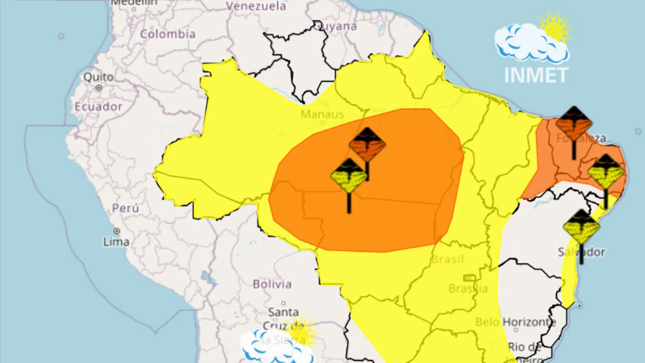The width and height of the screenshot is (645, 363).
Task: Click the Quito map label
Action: click(x=98, y=77)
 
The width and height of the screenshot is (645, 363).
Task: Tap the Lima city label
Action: click(x=116, y=242)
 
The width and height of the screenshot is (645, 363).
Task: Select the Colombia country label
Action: click(x=168, y=34)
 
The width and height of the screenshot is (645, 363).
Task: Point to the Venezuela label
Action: click(x=256, y=6)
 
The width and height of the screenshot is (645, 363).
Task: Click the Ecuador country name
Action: click(x=98, y=107)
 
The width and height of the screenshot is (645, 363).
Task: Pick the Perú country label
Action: click(x=125, y=208)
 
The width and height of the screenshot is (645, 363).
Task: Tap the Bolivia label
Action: click(x=272, y=284)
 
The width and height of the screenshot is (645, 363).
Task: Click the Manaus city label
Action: click(x=322, y=114)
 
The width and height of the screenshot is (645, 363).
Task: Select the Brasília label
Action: click(x=468, y=288)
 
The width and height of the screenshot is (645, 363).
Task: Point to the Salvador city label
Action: click(x=581, y=252)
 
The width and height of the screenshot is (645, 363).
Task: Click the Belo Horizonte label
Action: click(x=516, y=322)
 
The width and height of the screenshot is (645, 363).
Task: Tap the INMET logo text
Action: click(x=536, y=75)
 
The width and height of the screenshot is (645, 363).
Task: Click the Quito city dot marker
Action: click(x=99, y=88)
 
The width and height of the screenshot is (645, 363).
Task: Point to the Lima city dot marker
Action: click(x=117, y=231)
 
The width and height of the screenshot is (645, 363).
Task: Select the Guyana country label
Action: click(x=336, y=26)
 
